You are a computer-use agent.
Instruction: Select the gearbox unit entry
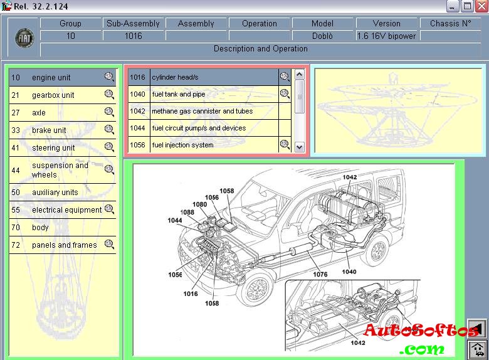coord(53,95)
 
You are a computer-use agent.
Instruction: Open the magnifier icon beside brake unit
coord(109,130)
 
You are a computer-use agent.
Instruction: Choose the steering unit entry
coord(53,148)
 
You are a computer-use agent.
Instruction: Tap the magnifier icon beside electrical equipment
coord(109,209)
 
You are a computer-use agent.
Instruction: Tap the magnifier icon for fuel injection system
coord(285,145)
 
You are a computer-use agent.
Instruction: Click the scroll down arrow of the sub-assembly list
coord(299,147)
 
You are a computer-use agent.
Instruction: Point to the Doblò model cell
coord(322,36)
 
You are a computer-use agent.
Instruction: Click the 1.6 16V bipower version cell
coord(386,36)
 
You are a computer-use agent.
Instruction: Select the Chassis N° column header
coord(450,23)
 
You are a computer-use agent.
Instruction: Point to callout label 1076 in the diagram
coord(320,274)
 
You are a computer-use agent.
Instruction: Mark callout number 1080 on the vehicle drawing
coord(199,204)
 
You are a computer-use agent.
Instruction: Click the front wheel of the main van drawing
coord(256,289)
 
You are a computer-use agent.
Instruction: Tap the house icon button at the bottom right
coord(477,348)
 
